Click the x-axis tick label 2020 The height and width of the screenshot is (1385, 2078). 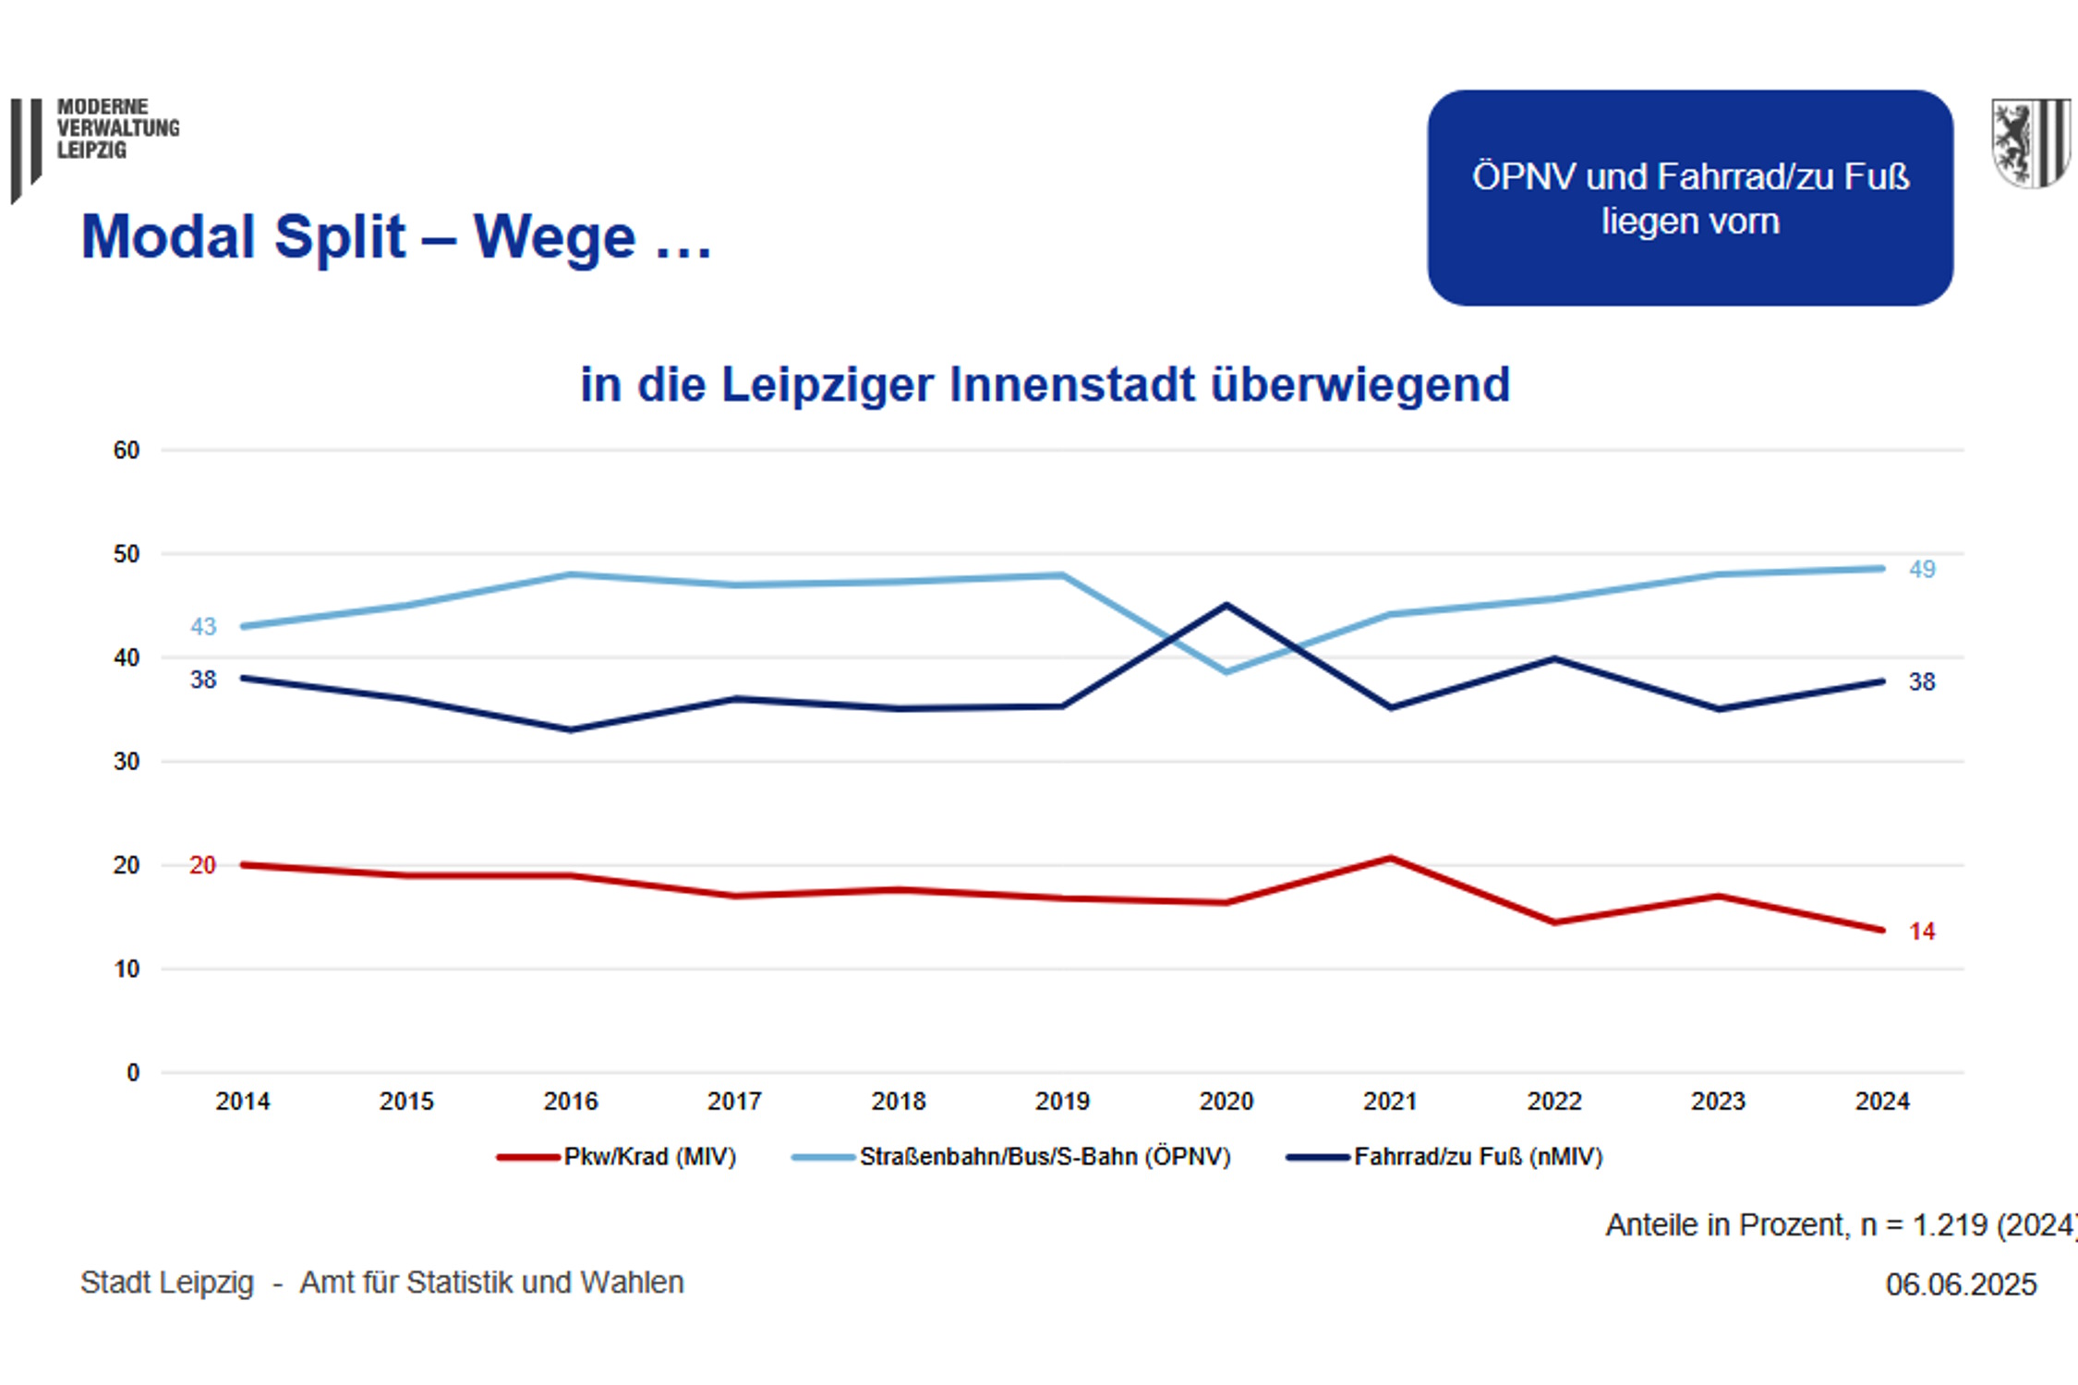[1226, 1101]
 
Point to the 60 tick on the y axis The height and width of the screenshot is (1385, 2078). [127, 451]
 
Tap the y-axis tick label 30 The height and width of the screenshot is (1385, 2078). [127, 762]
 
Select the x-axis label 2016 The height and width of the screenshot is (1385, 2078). [570, 1101]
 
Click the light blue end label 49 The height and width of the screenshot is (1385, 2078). [1922, 570]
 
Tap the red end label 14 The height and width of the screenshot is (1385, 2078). [1922, 932]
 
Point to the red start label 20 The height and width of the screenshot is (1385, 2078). [202, 865]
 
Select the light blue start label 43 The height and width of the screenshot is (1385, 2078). [203, 627]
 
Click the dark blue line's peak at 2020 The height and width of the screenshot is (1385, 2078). [1226, 605]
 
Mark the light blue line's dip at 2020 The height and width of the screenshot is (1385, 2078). [1226, 672]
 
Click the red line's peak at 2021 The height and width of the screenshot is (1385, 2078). [1390, 859]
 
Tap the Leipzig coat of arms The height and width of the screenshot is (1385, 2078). [2029, 143]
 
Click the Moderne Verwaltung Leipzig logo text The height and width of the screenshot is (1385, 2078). [117, 128]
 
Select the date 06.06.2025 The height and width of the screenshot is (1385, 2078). [1961, 1284]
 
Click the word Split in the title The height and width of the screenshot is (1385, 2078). [339, 237]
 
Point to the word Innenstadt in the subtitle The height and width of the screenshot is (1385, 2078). [1071, 384]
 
